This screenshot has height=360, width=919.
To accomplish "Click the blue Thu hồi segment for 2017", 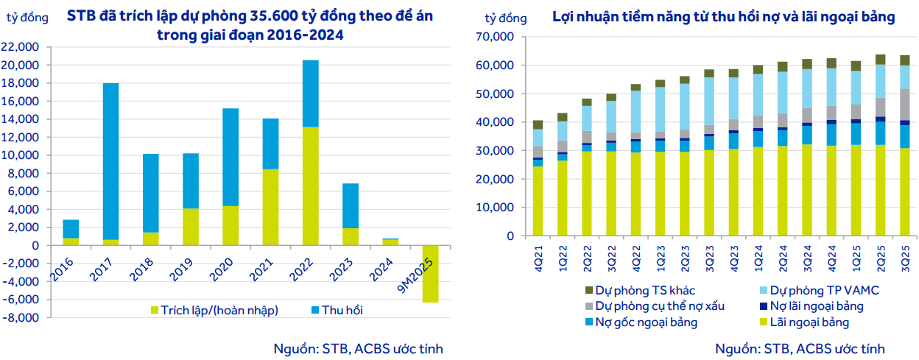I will (110, 161).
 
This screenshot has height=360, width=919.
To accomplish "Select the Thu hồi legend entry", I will (339, 310).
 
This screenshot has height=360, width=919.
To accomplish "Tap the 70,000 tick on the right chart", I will (493, 36).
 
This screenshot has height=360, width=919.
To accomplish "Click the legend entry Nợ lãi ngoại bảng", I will (816, 306).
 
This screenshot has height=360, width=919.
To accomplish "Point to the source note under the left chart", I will (358, 348).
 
